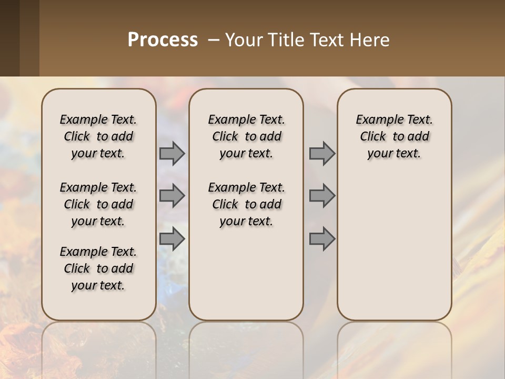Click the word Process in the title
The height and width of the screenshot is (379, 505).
163,40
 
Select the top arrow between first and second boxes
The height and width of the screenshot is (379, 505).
172,154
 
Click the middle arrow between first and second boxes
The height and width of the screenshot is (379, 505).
172,196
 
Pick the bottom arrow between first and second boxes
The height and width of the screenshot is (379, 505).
172,240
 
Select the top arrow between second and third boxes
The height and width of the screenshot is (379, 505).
322,154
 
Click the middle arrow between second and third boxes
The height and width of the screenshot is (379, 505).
322,196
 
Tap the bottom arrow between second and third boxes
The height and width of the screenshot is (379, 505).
322,240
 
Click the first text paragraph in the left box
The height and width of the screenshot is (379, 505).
98,136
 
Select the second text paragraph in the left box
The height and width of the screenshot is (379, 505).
98,204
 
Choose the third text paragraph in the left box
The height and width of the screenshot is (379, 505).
98,268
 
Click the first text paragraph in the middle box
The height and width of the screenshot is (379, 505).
246,136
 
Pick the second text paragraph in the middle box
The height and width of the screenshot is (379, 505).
246,204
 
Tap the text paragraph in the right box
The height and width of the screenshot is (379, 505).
395,136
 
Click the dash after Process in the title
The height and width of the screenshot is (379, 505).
214,40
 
